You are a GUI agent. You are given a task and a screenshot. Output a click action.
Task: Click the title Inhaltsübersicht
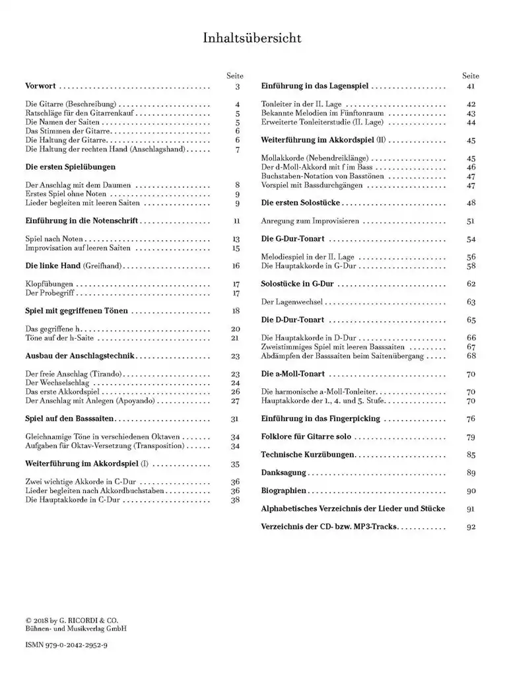(252, 38)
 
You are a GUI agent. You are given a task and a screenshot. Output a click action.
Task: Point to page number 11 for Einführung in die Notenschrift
(236, 222)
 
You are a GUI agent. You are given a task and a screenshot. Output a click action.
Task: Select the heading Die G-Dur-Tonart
(293, 238)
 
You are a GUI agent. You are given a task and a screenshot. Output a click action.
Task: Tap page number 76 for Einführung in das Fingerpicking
(471, 419)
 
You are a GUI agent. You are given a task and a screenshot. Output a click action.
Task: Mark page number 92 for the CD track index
(471, 527)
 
